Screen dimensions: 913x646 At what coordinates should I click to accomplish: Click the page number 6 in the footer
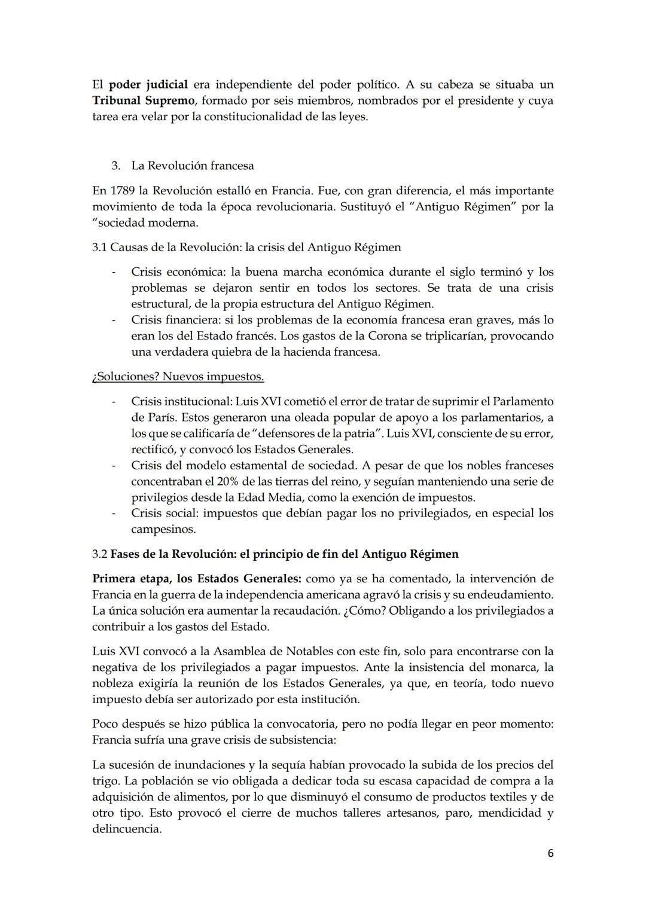(x=550, y=853)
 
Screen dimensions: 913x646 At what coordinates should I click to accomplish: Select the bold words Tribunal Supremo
(x=139, y=100)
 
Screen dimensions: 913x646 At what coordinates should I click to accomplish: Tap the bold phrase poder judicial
(x=148, y=84)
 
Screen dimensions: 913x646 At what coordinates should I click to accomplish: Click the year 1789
(x=121, y=191)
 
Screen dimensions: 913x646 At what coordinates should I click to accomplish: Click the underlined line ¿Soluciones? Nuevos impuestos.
(x=178, y=377)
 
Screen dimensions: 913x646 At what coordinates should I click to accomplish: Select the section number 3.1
(x=100, y=247)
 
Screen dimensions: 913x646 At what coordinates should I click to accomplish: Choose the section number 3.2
(x=100, y=554)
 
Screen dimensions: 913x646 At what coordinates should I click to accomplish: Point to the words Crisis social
(x=164, y=513)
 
